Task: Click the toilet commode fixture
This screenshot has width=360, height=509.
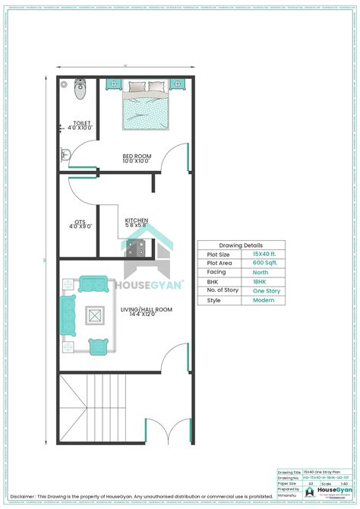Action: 82,93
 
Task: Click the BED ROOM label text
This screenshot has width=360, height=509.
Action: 137,158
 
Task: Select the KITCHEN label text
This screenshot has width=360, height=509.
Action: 137,221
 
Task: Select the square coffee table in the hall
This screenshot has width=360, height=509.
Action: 96,315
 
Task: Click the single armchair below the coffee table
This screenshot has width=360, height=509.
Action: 97,346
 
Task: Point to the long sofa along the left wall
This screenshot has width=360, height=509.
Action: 66,315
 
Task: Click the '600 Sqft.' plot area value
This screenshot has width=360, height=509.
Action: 265,263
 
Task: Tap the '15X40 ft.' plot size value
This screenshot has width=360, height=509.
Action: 265,254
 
